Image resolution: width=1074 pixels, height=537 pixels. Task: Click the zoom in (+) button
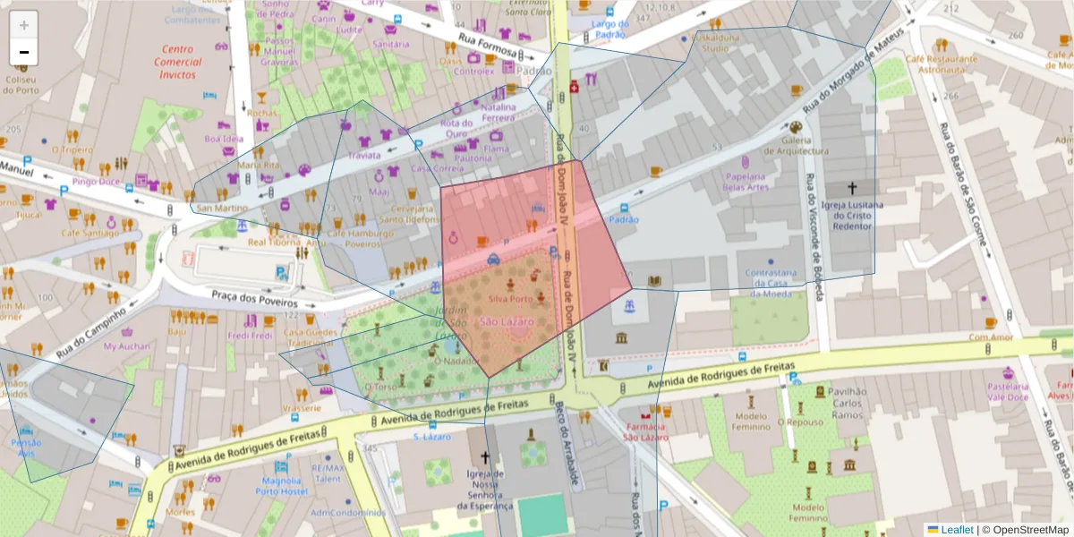[x=24, y=25]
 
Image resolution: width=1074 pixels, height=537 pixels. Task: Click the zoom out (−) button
[x=24, y=52]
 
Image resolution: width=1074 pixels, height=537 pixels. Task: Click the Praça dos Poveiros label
[x=253, y=297]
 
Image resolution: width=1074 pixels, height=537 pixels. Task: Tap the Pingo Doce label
[x=96, y=182]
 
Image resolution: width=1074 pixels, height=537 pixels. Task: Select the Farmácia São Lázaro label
[x=646, y=431]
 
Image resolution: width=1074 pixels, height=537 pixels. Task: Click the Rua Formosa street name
[x=488, y=43]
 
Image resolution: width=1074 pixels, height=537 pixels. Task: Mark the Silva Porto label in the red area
[x=511, y=299]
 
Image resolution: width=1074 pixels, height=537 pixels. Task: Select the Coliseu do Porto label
[x=21, y=84]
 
